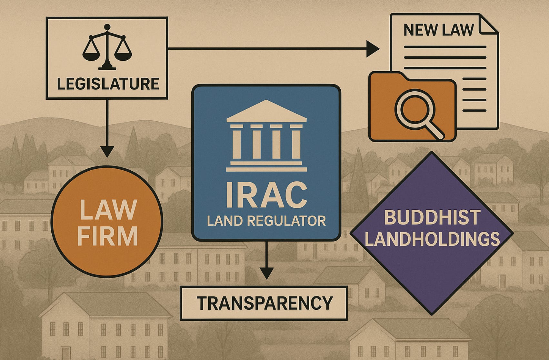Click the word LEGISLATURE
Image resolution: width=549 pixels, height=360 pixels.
point(108,84)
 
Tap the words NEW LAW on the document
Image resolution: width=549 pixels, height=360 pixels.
point(439,30)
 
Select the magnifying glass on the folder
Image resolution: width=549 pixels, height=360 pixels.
point(412,108)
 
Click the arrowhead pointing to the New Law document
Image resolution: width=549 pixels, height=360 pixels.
point(373,49)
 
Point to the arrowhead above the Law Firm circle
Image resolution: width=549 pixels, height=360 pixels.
point(107,151)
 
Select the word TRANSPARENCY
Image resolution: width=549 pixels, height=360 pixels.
point(265,303)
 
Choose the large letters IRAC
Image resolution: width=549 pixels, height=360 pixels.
point(266,195)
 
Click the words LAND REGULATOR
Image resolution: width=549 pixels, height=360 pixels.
point(266,221)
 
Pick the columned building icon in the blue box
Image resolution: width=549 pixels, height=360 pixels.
point(266,135)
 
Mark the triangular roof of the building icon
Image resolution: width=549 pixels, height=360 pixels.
point(266,111)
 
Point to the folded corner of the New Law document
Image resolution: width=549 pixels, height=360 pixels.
point(488,24)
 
